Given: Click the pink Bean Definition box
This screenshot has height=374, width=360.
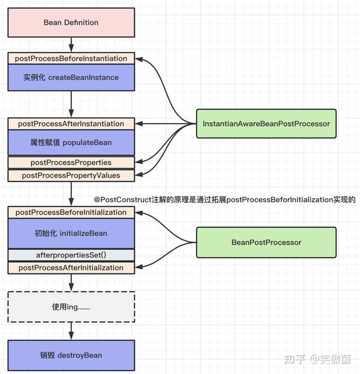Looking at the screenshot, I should click(x=71, y=23).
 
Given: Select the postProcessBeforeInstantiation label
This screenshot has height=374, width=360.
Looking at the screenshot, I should click(x=71, y=58).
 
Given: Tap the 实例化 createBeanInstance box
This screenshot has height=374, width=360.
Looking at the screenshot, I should click(x=71, y=77).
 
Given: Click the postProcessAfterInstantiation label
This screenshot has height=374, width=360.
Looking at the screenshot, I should click(x=71, y=124).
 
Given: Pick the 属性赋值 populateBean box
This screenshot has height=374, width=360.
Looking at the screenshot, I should click(x=71, y=143).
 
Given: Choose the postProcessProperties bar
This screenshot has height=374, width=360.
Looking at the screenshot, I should click(x=71, y=163).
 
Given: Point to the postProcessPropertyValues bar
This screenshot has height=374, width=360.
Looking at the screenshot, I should click(x=71, y=175).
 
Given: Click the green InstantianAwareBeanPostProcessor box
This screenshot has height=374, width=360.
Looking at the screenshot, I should click(x=266, y=124).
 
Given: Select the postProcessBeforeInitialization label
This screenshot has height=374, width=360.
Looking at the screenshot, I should click(x=71, y=213).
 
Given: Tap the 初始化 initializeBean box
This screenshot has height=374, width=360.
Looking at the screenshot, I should click(x=71, y=232).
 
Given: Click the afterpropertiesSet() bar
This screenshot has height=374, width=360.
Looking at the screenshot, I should click(x=71, y=255).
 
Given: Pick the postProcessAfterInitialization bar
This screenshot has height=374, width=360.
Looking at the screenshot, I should click(x=71, y=268).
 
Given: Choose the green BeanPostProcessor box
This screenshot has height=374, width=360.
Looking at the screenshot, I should click(x=266, y=243).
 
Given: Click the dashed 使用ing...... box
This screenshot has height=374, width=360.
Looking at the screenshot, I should click(x=71, y=307).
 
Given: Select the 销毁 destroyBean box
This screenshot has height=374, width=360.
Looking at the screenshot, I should click(x=71, y=355).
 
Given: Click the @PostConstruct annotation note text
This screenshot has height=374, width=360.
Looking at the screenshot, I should click(x=225, y=199).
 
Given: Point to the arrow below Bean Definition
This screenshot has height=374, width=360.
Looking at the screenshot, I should click(x=71, y=44).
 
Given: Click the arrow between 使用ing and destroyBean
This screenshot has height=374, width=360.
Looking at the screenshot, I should click(x=71, y=331).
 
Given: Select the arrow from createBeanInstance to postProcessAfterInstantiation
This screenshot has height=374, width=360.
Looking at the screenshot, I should click(x=71, y=104).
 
